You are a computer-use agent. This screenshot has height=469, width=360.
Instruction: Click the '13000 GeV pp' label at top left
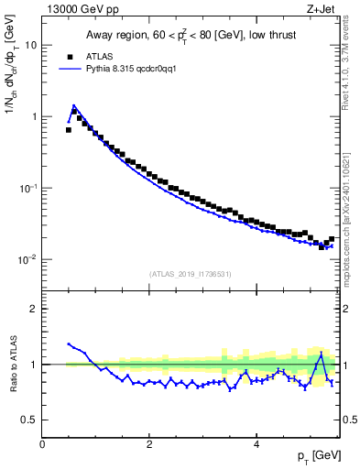[79, 10]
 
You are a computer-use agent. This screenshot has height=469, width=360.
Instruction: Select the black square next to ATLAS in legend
[69, 56]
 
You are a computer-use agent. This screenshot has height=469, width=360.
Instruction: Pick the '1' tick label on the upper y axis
[34, 116]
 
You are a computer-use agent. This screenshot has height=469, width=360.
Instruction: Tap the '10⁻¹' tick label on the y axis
[27, 188]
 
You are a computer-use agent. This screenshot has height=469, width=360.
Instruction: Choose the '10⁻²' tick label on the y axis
[27, 259]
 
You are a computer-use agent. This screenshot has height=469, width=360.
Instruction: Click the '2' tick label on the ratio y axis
[34, 309]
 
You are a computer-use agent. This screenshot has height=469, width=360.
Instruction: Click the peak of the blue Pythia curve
[73, 106]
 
